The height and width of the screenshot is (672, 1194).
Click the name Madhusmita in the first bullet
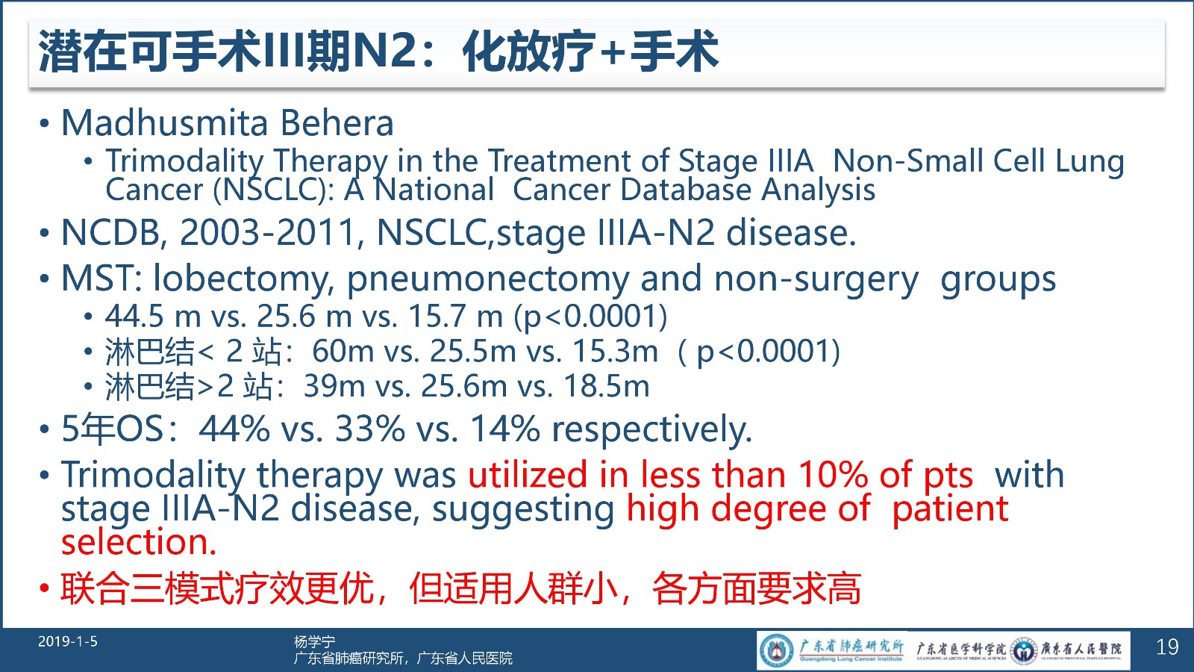pyautogui.click(x=164, y=122)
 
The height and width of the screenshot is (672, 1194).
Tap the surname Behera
pyautogui.click(x=337, y=122)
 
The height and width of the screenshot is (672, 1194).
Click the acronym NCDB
pyautogui.click(x=111, y=233)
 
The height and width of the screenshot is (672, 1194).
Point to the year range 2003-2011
pyautogui.click(x=268, y=233)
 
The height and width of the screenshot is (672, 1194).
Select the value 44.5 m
pyautogui.click(x=152, y=317)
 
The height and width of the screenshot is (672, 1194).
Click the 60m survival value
pyautogui.click(x=343, y=352)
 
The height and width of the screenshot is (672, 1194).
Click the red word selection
pyautogui.click(x=139, y=542)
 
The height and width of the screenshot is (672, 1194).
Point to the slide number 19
pyautogui.click(x=1167, y=647)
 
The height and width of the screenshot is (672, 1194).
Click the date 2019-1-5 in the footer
pyautogui.click(x=68, y=641)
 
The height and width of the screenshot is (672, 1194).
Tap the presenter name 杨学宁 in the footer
pyautogui.click(x=314, y=641)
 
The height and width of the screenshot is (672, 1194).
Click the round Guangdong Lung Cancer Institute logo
pyautogui.click(x=776, y=650)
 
